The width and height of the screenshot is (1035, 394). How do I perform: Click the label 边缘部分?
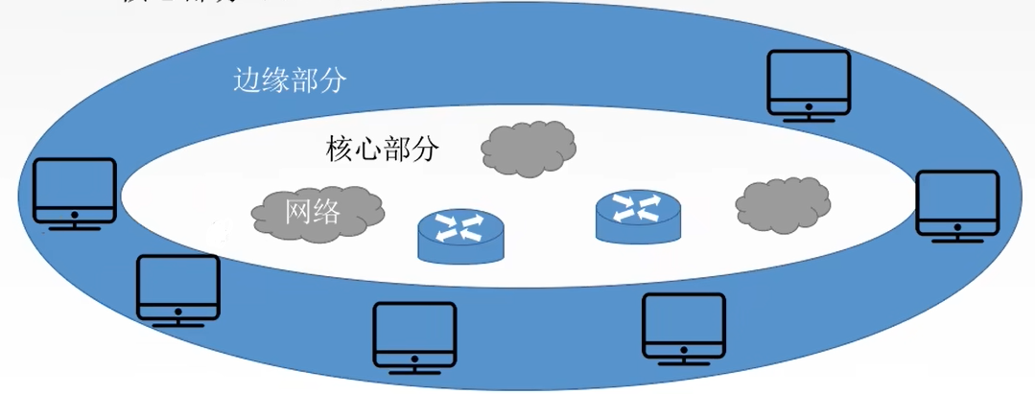(290, 80)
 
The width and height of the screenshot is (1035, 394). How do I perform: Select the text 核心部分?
(383, 150)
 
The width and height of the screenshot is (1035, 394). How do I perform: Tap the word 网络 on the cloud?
(313, 211)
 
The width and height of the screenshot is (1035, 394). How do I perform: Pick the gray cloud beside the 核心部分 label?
(529, 150)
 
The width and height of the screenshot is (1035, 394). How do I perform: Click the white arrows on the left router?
(459, 226)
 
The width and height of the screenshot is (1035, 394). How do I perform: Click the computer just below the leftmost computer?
(178, 290)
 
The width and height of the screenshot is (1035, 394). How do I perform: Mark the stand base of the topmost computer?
(809, 120)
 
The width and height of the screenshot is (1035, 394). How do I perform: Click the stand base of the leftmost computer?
(74, 228)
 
